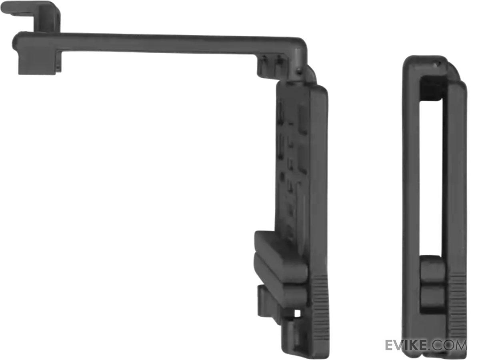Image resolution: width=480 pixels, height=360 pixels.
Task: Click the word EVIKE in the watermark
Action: pyautogui.click(x=406, y=345)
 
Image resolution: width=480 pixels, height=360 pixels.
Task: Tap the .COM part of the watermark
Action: pyautogui.click(x=447, y=345)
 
